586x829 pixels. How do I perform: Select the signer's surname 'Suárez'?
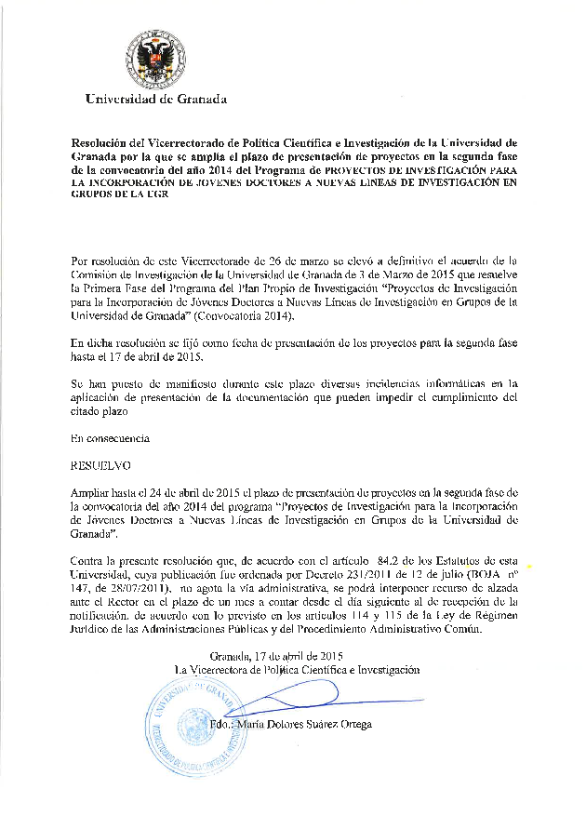315,724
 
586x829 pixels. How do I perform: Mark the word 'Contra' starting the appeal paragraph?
89,561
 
